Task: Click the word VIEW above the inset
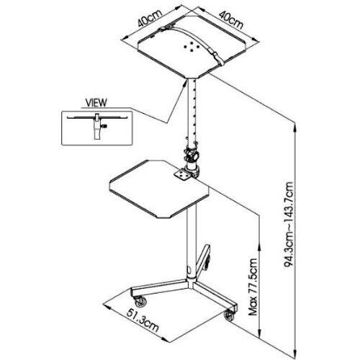tap(96, 102)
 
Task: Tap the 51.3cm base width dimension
tap(143, 320)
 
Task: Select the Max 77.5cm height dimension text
tap(253, 287)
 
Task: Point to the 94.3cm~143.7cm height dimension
tap(289, 225)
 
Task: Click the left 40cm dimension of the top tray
tap(150, 17)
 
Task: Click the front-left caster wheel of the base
tap(140, 302)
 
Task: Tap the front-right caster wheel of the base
tap(229, 315)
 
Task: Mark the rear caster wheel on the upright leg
tap(207, 262)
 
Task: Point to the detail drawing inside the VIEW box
tap(97, 126)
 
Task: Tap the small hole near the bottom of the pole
tap(189, 270)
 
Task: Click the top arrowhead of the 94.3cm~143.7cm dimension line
tap(296, 127)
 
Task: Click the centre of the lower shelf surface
tap(159, 189)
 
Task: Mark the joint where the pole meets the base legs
tap(192, 282)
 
